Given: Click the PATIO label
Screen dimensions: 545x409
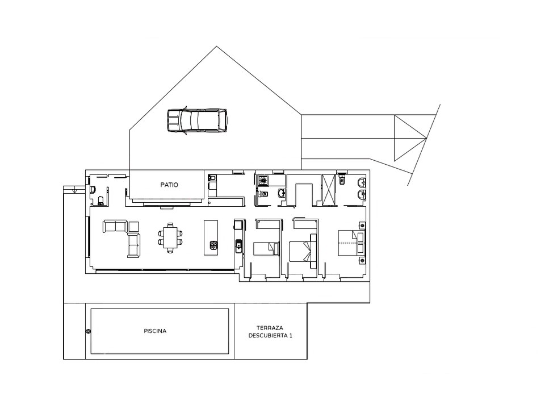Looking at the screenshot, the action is tap(169, 185).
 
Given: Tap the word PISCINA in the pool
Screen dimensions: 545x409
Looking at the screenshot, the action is tap(155, 331).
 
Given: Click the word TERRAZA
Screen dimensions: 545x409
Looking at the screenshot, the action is tap(270, 328).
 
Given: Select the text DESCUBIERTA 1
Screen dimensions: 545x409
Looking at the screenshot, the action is tap(270, 336).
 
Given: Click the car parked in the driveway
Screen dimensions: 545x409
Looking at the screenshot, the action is tap(197, 120).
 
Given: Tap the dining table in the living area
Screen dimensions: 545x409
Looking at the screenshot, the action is tap(170, 237).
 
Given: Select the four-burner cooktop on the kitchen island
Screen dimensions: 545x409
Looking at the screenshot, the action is tap(213, 245).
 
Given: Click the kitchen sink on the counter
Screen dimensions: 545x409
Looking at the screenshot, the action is tap(239, 245).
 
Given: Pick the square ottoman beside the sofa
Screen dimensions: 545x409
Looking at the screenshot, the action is tap(134, 227).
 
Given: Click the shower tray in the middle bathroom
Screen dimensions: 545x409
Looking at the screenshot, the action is tap(263, 180).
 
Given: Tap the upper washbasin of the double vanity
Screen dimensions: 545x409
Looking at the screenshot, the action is tap(362, 182).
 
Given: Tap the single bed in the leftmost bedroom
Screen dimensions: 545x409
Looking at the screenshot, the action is tap(266, 249).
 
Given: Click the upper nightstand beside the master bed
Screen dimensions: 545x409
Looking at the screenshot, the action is tap(362, 225).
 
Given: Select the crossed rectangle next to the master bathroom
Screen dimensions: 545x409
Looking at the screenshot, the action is tap(329, 189).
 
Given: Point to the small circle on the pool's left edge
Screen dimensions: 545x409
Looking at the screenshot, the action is tap(89, 331).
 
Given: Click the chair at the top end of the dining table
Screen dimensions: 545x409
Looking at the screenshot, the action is tap(170, 225).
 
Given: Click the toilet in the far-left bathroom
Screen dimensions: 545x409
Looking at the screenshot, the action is tap(101, 200).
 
